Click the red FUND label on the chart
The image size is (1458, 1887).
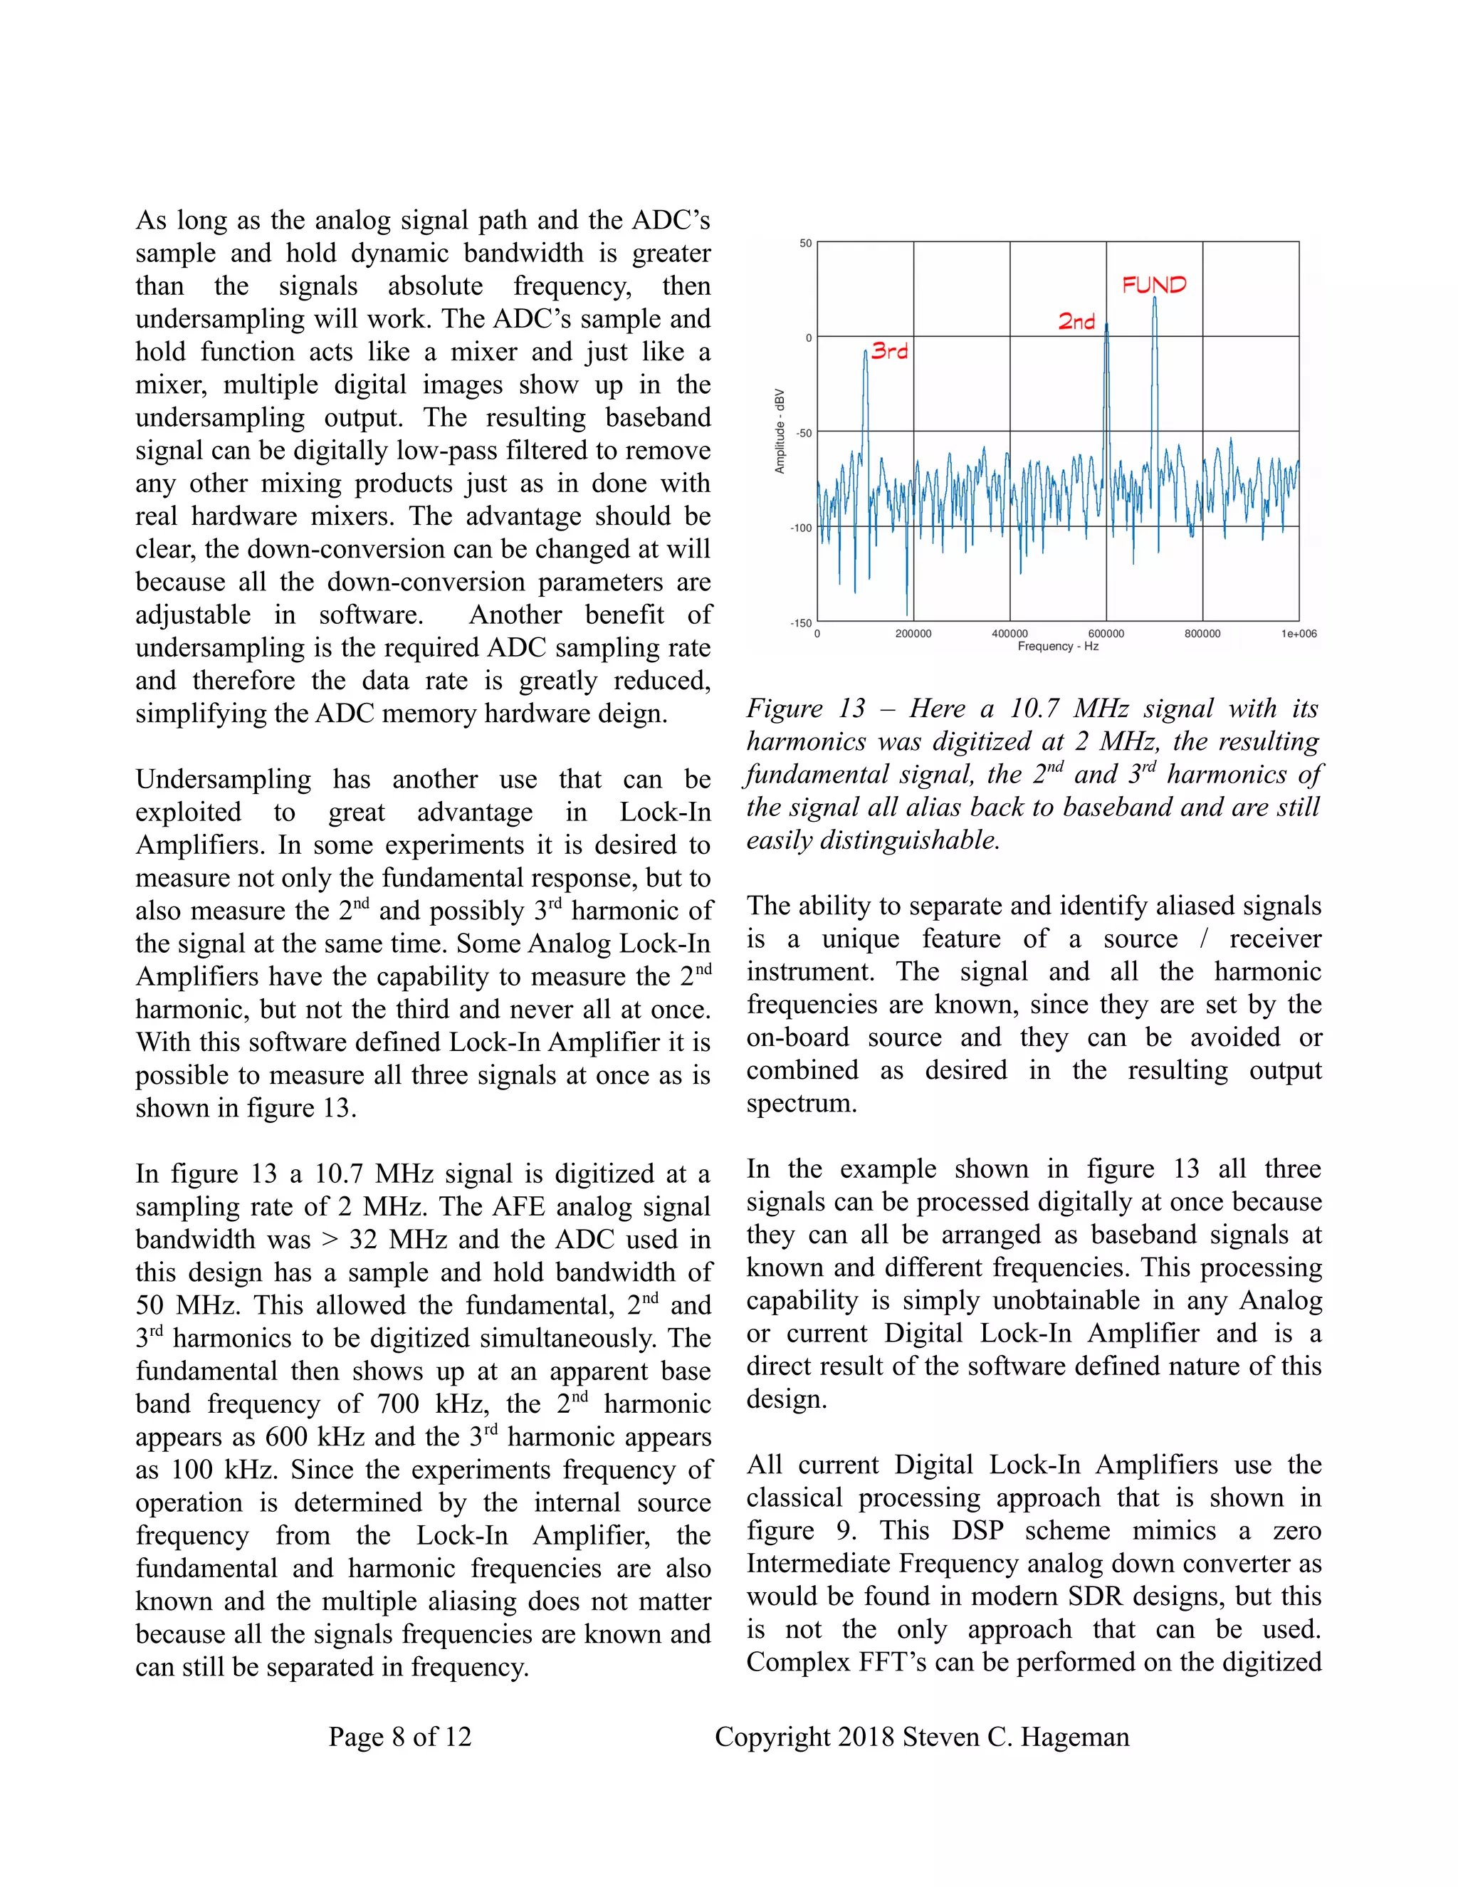point(1154,284)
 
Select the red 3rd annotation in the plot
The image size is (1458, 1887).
point(890,351)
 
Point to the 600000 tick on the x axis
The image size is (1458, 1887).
point(1106,633)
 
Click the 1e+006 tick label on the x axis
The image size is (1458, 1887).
point(1299,633)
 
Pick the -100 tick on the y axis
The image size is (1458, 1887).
point(802,528)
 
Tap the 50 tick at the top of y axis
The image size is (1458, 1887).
point(805,244)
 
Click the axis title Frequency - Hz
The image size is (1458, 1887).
point(1057,647)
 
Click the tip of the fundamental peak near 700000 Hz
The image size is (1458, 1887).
point(1155,299)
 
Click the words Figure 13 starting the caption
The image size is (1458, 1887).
point(805,709)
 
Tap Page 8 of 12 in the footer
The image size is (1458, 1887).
point(400,1737)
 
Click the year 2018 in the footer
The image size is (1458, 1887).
point(866,1737)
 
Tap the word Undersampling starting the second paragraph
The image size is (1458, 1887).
point(223,779)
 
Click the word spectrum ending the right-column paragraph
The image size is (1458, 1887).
point(801,1103)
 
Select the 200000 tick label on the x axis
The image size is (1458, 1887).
point(913,633)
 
